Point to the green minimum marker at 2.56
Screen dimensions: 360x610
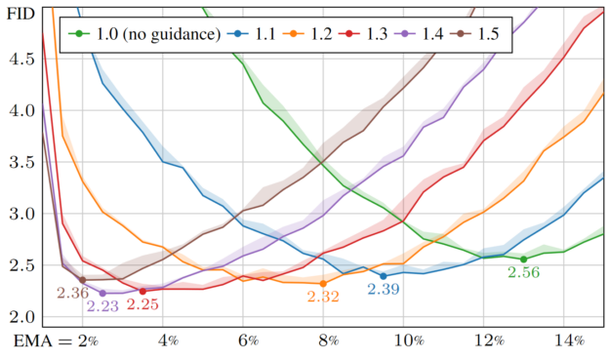tap(524, 260)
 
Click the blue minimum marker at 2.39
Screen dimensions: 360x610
tap(384, 276)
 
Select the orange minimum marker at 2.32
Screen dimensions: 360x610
tap(323, 284)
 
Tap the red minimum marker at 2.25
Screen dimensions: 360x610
tap(142, 291)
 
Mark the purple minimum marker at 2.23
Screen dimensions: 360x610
tap(102, 293)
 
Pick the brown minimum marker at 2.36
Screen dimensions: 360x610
tap(82, 280)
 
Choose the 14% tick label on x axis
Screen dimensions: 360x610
tap(571, 341)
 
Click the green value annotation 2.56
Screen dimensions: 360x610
tap(524, 273)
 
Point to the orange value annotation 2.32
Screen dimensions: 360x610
tap(323, 299)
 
